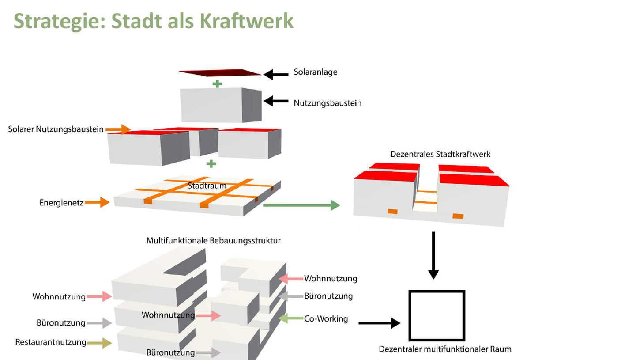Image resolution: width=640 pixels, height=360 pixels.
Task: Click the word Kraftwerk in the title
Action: tap(247, 21)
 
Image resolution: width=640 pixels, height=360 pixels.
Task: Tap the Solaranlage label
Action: tap(316, 72)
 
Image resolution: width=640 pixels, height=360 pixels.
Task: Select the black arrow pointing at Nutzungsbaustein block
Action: tap(276, 101)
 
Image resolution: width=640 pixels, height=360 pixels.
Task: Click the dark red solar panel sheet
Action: tap(220, 73)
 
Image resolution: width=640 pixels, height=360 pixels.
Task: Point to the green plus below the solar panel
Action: tap(218, 84)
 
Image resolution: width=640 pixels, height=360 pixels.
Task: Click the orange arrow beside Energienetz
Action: tap(97, 202)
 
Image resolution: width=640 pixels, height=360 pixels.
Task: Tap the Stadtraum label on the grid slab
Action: tap(207, 186)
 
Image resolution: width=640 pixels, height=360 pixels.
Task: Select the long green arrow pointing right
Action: tap(301, 205)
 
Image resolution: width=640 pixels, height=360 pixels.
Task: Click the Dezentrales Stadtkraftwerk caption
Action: tap(440, 155)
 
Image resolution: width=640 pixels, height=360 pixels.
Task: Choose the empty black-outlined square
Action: tap(437, 316)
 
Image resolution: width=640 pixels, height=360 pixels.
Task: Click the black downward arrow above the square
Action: tap(433, 255)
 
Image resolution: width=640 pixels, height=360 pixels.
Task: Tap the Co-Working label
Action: tap(326, 318)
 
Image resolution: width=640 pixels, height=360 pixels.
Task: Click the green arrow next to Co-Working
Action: tap(290, 318)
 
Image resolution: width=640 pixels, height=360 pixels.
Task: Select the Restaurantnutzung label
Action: tap(51, 342)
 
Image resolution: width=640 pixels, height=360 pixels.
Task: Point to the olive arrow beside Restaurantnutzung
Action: tap(99, 343)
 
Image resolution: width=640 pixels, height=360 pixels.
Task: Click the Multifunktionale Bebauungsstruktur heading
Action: tap(214, 240)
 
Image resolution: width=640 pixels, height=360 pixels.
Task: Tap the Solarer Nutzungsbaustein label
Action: tap(56, 129)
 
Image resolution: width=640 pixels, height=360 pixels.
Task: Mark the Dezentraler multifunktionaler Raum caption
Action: tap(445, 349)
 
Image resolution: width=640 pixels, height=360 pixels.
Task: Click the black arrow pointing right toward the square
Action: tap(380, 323)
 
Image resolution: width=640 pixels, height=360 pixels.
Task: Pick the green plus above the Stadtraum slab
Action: tap(211, 164)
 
